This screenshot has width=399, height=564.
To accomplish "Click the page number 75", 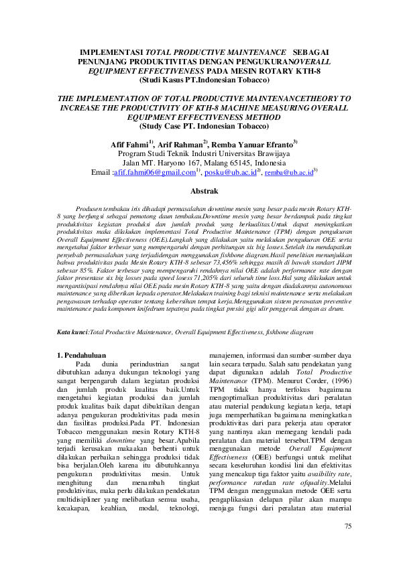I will click(347, 526).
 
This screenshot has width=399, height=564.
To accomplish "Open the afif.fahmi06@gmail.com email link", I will click(154, 173).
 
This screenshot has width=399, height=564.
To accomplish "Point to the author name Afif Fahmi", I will click(131, 144).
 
